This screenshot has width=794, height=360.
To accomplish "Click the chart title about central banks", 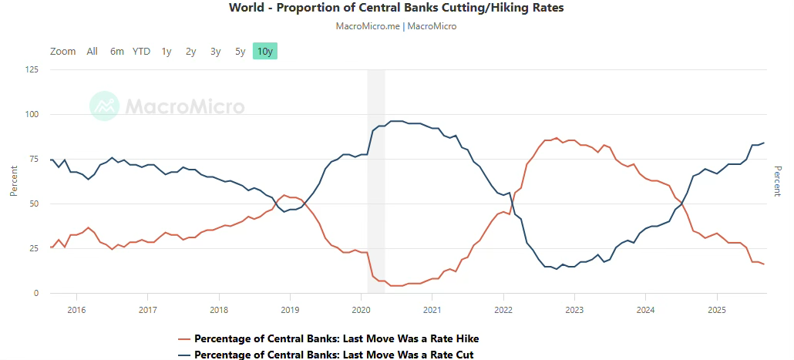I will [396, 8].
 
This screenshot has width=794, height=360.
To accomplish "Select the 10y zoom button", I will [264, 52].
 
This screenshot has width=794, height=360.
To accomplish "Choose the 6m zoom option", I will [117, 52].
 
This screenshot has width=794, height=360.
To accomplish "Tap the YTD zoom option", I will [141, 52].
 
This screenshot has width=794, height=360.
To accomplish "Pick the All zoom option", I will [93, 52].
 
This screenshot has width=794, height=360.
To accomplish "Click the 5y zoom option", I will [241, 52].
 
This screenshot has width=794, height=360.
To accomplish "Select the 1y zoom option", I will [167, 52].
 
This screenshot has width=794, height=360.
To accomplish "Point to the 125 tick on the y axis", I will [32, 70].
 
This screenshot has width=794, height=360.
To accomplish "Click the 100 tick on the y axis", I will [32, 115].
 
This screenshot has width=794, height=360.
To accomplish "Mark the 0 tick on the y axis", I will [35, 294].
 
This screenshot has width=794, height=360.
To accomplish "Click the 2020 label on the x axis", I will [362, 309].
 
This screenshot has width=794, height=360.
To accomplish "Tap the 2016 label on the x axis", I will [76, 309].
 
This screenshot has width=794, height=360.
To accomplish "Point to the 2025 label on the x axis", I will [717, 309].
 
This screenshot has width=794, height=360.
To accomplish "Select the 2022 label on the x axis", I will [503, 309].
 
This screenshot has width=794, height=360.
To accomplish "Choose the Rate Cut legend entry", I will [333, 355].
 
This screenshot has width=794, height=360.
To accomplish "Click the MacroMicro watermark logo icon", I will [104, 106].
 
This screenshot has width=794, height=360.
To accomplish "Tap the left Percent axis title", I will [15, 181].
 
